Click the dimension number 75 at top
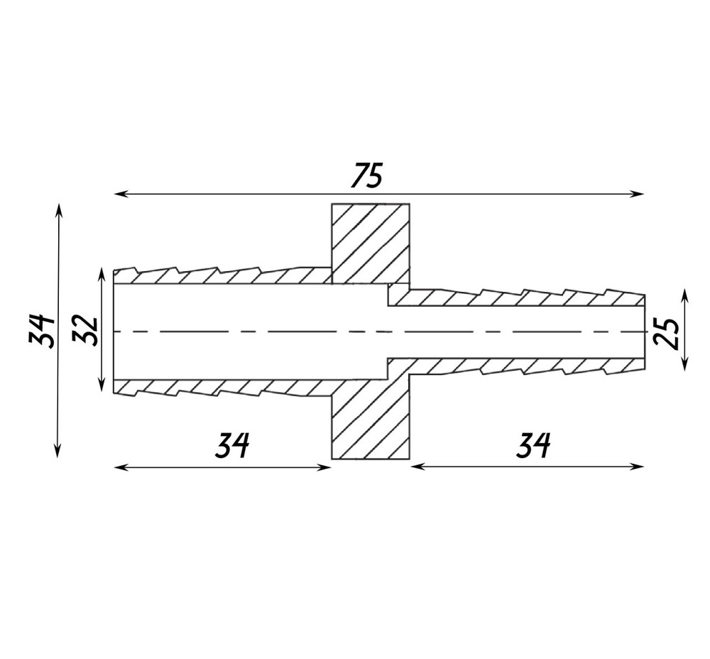367,175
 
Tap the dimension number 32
85,331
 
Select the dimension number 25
666,334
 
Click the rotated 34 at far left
42,330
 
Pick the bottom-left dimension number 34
232,445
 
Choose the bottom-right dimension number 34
533,445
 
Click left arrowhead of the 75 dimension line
119,194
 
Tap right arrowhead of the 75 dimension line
638,194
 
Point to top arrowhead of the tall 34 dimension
58,209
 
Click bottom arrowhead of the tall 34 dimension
58,452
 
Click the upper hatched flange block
371,243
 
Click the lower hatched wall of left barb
222,387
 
